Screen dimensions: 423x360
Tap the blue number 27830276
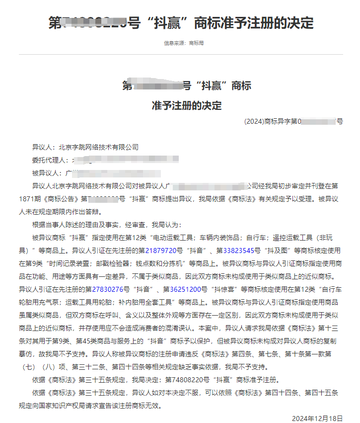(x=110, y=289)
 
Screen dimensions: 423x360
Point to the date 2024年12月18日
(x=317, y=418)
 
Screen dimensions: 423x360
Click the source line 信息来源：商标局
(x=184, y=43)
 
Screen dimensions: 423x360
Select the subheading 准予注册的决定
(x=187, y=105)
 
